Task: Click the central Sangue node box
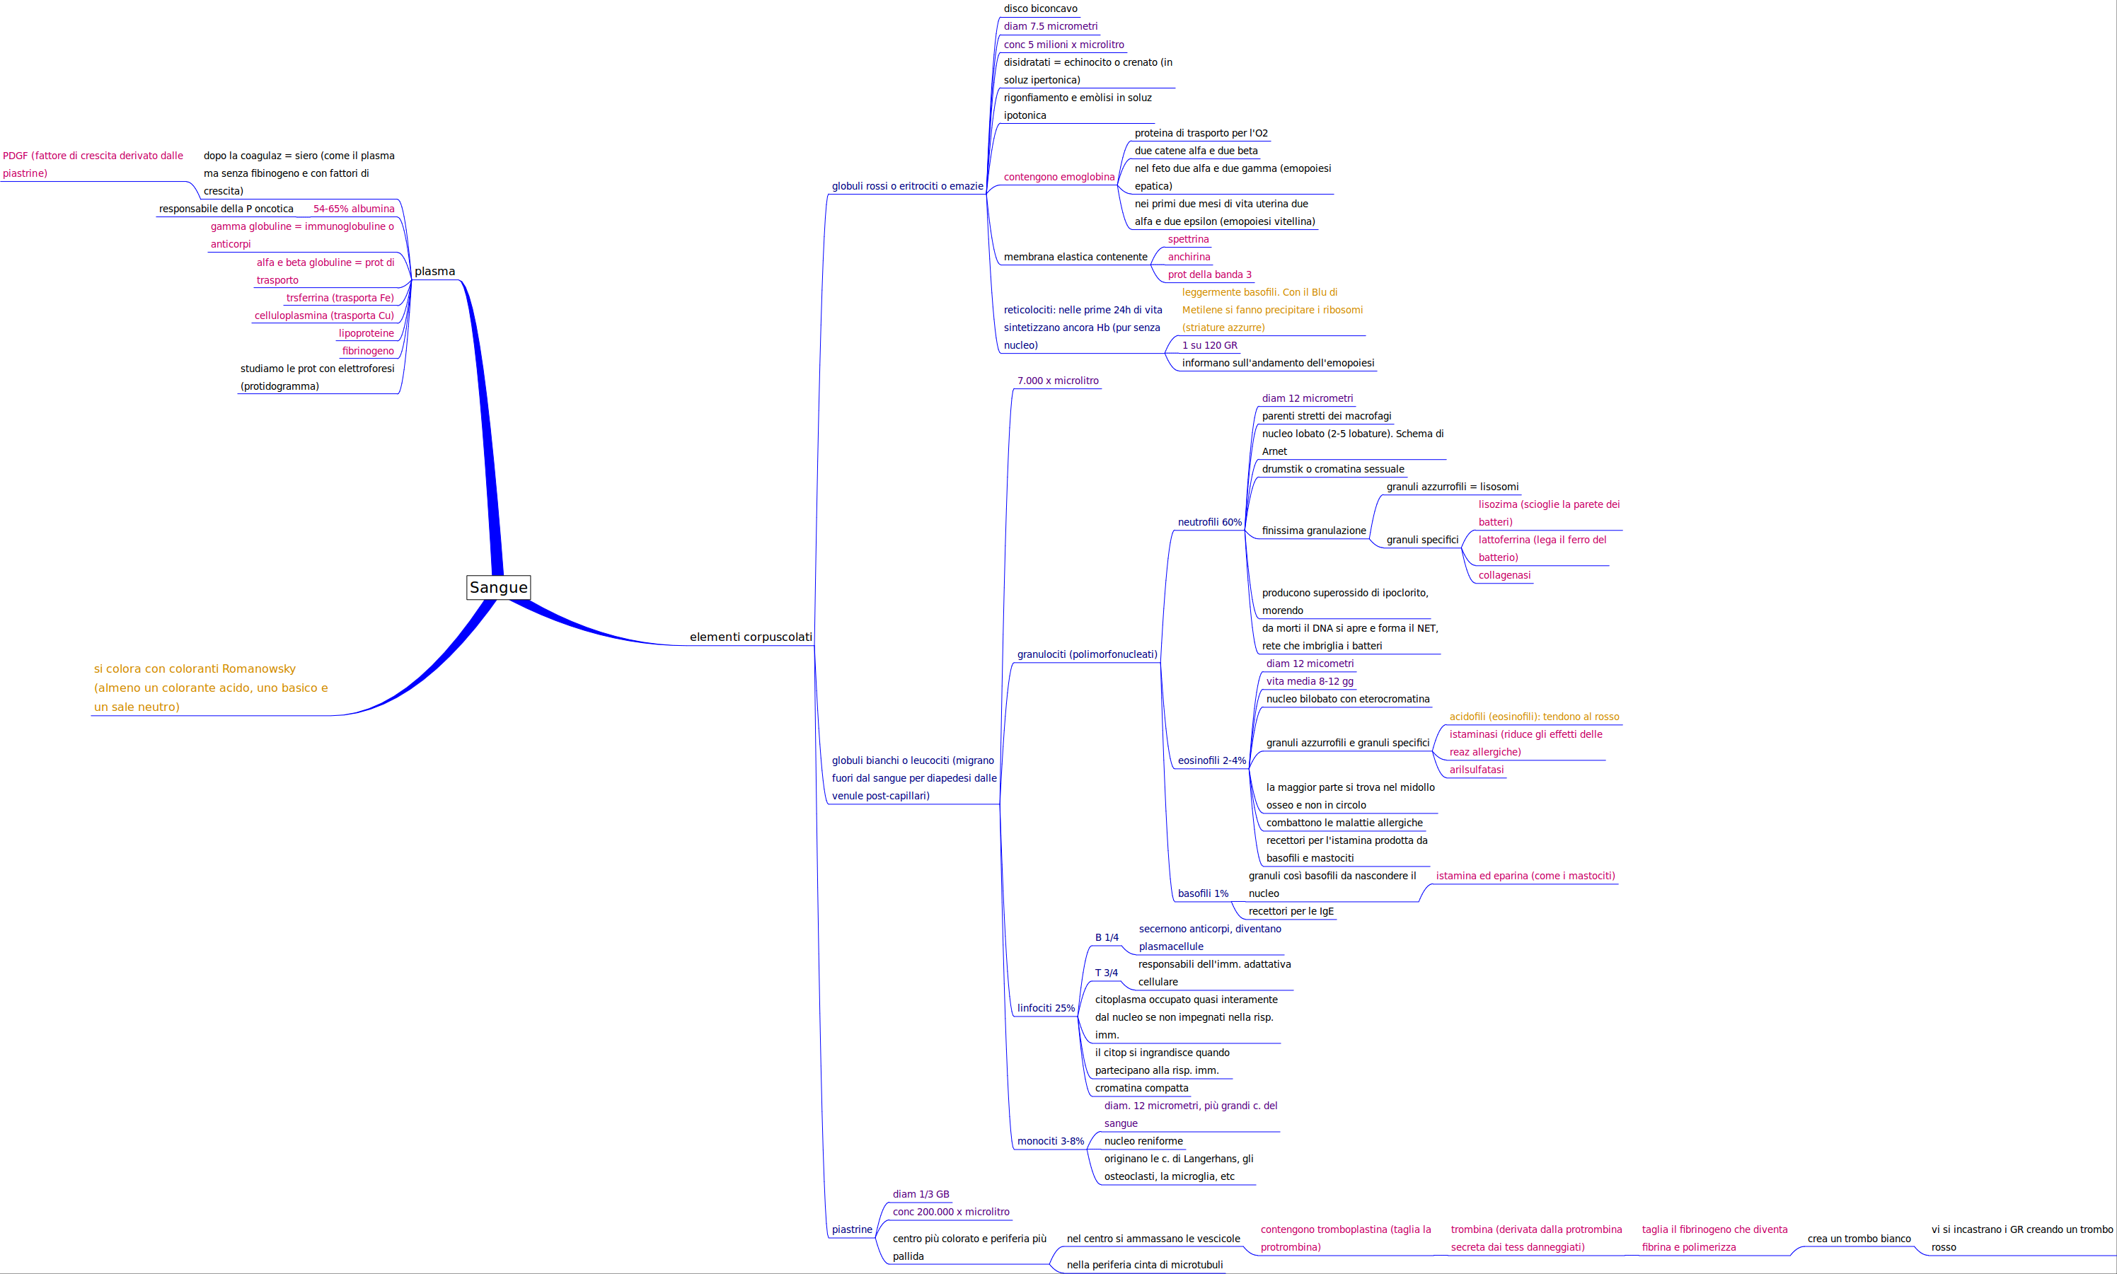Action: tap(498, 587)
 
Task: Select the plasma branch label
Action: tap(434, 272)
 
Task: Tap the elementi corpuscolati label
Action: tap(750, 637)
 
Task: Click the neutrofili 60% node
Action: tap(1209, 522)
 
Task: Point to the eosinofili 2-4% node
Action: tap(1211, 760)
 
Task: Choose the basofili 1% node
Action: tap(1203, 893)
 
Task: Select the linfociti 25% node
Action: tap(1046, 1008)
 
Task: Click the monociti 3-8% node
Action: tap(1050, 1141)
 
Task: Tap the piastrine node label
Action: tap(852, 1229)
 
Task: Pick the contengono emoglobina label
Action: tap(1058, 177)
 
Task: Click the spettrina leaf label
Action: tap(1187, 240)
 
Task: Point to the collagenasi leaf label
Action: tap(1504, 575)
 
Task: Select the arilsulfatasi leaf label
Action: tap(1476, 770)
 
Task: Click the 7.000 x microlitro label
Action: tap(1058, 381)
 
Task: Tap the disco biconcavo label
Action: tap(1039, 8)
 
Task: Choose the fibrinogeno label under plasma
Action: tap(367, 351)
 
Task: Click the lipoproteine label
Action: tap(366, 333)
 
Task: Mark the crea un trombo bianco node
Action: tap(1859, 1239)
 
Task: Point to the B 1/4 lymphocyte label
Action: tap(1107, 937)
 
